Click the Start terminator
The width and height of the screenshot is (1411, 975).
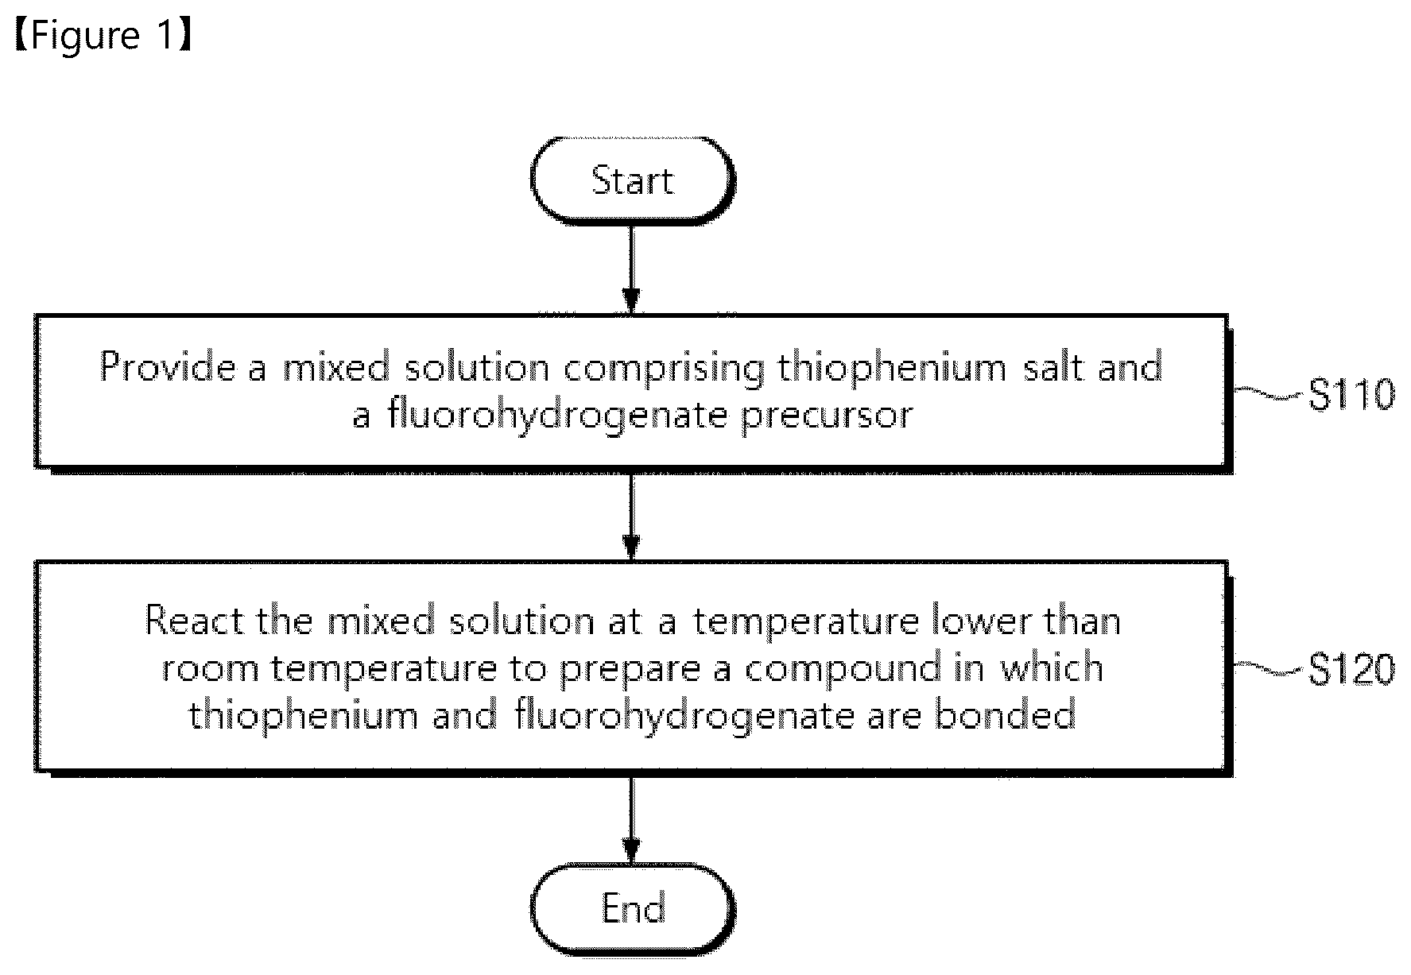tap(632, 180)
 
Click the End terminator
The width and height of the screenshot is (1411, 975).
tap(632, 907)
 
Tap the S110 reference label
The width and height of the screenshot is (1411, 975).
tap(1351, 395)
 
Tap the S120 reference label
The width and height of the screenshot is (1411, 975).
tap(1351, 670)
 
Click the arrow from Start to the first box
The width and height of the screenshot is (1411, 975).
tap(631, 269)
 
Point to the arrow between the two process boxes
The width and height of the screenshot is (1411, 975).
tap(631, 517)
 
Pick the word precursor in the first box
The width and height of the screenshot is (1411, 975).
tap(827, 416)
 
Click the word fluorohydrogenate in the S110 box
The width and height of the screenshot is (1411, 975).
tap(557, 415)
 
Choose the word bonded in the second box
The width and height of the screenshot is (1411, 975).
tap(1005, 715)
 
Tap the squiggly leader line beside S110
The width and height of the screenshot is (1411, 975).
tap(1270, 393)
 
